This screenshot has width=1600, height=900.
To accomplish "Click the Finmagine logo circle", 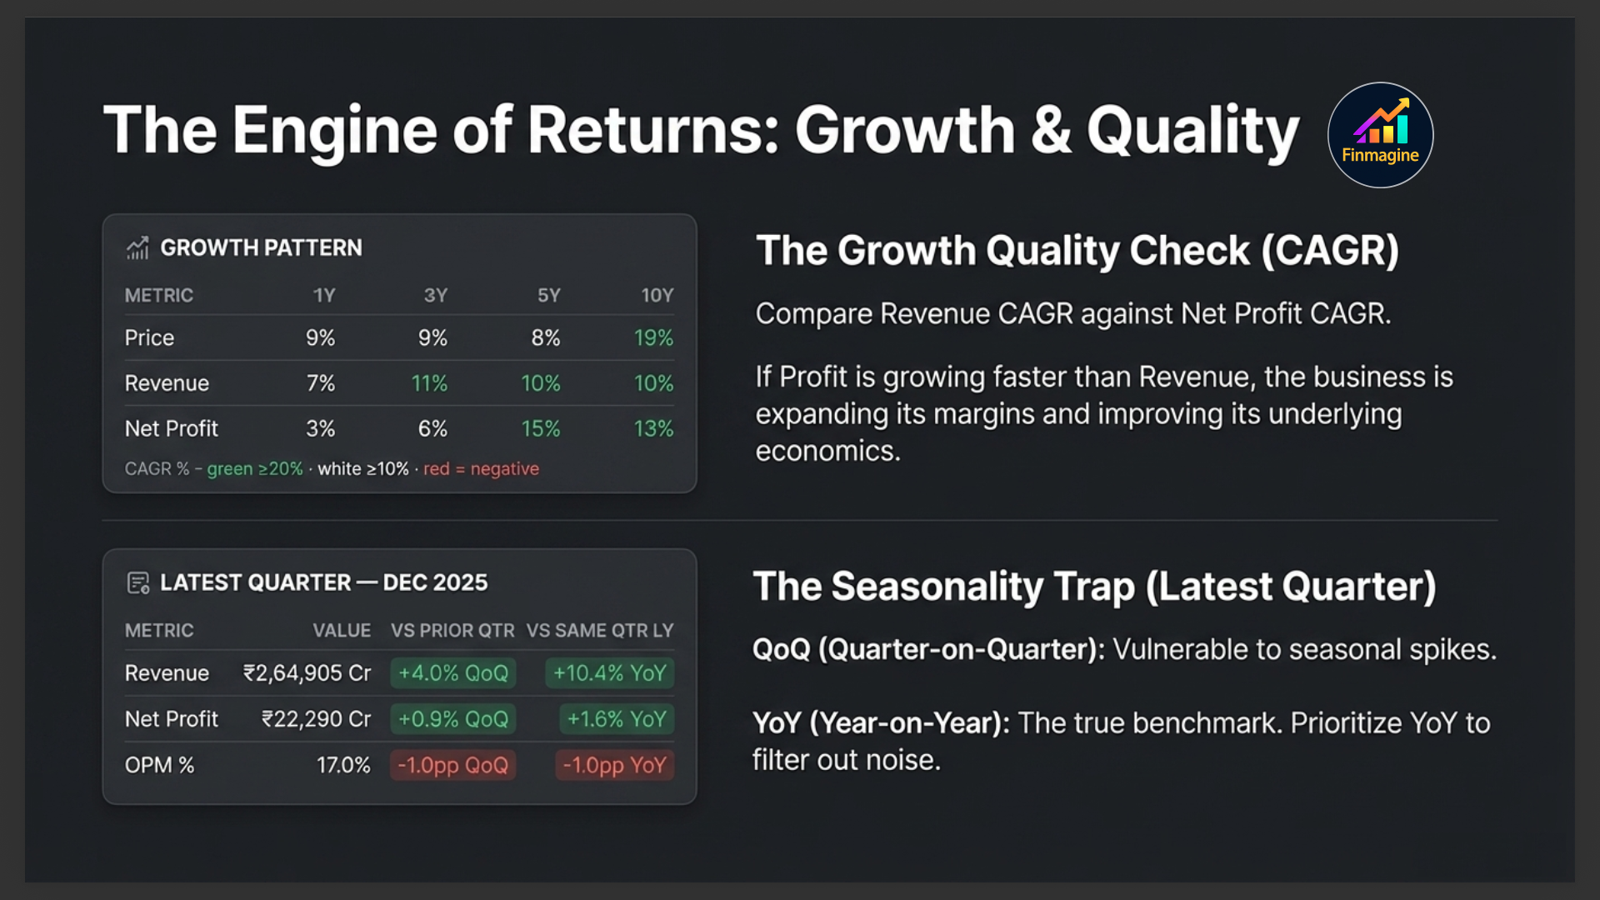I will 1380,135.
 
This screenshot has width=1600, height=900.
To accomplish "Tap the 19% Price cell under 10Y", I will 653,337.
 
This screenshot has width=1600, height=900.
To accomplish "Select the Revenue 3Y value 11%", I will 429,383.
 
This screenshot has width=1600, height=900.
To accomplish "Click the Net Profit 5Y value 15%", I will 540,428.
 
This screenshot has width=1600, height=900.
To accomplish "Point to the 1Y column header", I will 323,295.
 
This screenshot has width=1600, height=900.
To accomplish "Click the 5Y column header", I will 548,295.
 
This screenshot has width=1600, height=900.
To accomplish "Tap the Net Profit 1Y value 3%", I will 320,428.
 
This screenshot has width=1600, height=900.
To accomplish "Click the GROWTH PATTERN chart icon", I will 137,247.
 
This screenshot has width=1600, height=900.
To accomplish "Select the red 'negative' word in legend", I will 504,468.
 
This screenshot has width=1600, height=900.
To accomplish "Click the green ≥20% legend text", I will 255,468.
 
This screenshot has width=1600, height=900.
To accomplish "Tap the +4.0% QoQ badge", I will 452,673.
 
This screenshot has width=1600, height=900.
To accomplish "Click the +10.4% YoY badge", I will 609,673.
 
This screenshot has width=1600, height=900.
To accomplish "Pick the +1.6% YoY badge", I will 617,719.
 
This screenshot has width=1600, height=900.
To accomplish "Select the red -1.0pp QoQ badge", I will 452,765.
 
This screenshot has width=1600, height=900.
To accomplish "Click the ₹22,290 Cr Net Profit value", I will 316,719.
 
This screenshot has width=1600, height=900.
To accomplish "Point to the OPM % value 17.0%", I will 343,765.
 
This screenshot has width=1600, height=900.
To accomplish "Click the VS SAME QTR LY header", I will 599,631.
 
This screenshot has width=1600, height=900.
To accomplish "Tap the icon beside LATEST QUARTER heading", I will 137,582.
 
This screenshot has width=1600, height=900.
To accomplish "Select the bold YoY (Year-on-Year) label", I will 880,723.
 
